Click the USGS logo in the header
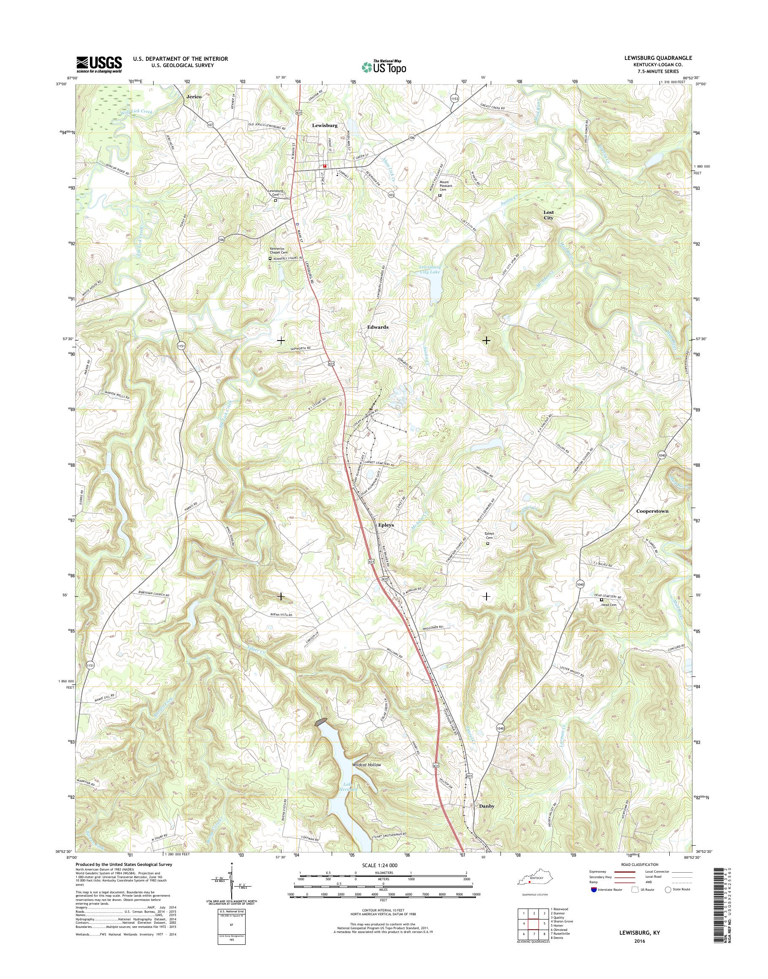click(99, 64)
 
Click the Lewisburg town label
click(324, 126)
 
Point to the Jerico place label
click(193, 97)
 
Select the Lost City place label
click(548, 214)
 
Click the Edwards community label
click(377, 327)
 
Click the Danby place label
click(486, 806)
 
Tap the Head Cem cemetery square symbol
click(602, 600)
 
